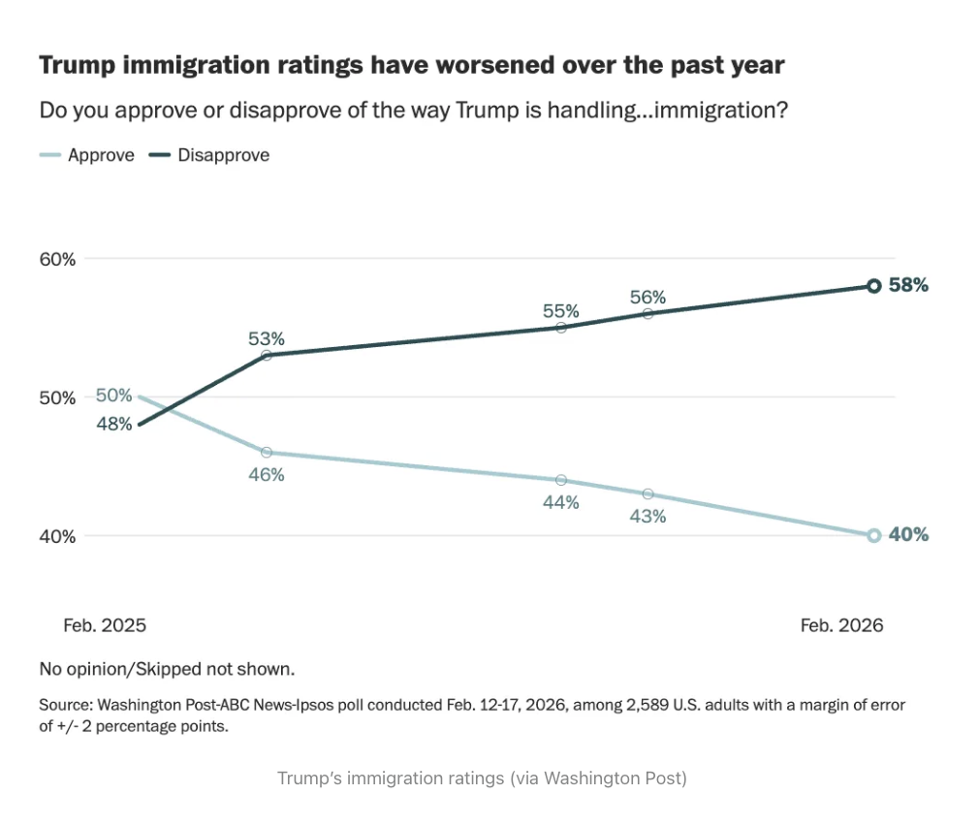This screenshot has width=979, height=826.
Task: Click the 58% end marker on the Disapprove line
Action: (x=873, y=286)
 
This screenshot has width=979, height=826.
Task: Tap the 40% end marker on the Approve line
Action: (x=873, y=535)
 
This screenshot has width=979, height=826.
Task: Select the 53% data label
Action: (x=267, y=338)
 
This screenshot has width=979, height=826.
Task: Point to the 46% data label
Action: (x=267, y=474)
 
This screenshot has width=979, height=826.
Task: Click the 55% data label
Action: (x=561, y=311)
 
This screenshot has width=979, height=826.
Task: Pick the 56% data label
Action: (x=647, y=298)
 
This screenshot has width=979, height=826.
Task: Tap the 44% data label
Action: (x=561, y=502)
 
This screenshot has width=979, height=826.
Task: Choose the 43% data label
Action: (x=647, y=517)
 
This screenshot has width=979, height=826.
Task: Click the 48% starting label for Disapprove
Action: (x=113, y=424)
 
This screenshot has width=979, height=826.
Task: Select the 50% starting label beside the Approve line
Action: (x=113, y=396)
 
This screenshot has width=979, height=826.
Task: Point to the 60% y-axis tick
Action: (x=57, y=259)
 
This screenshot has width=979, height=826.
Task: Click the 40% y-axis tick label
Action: (x=57, y=536)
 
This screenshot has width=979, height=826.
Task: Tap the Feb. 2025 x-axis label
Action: (x=105, y=625)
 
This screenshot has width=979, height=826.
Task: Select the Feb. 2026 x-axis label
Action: (x=841, y=625)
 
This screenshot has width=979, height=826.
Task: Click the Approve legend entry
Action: (x=100, y=155)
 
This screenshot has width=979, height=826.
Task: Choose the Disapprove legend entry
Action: (x=223, y=155)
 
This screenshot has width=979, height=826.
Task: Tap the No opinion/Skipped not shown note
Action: (x=167, y=669)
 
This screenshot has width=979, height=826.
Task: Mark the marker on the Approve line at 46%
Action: (x=267, y=452)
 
